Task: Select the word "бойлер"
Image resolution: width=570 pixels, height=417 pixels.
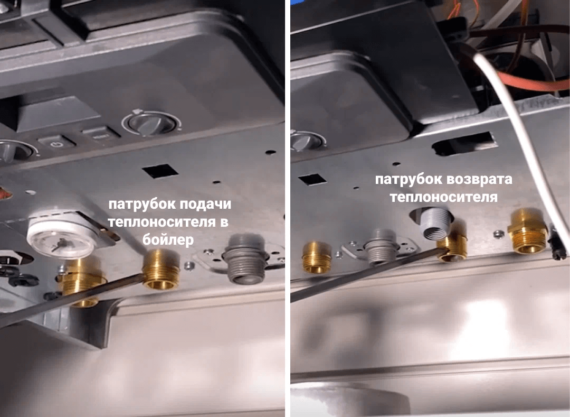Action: pyautogui.click(x=168, y=240)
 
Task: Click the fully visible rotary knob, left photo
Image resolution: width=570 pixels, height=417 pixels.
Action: pyautogui.click(x=151, y=123)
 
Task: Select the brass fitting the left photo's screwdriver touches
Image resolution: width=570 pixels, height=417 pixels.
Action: pyautogui.click(x=160, y=269)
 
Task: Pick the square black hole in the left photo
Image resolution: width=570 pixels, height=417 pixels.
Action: pyautogui.click(x=160, y=171)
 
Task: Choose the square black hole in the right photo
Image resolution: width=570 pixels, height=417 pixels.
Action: pyautogui.click(x=312, y=179)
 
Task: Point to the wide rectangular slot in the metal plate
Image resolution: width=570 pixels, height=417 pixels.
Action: pyautogui.click(x=464, y=143)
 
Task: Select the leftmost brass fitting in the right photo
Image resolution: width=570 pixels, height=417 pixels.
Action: pyautogui.click(x=316, y=257)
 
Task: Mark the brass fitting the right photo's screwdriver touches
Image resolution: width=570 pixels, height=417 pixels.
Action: pyautogui.click(x=452, y=247)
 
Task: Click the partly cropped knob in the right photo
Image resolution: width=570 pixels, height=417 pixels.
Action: pyautogui.click(x=308, y=141)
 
